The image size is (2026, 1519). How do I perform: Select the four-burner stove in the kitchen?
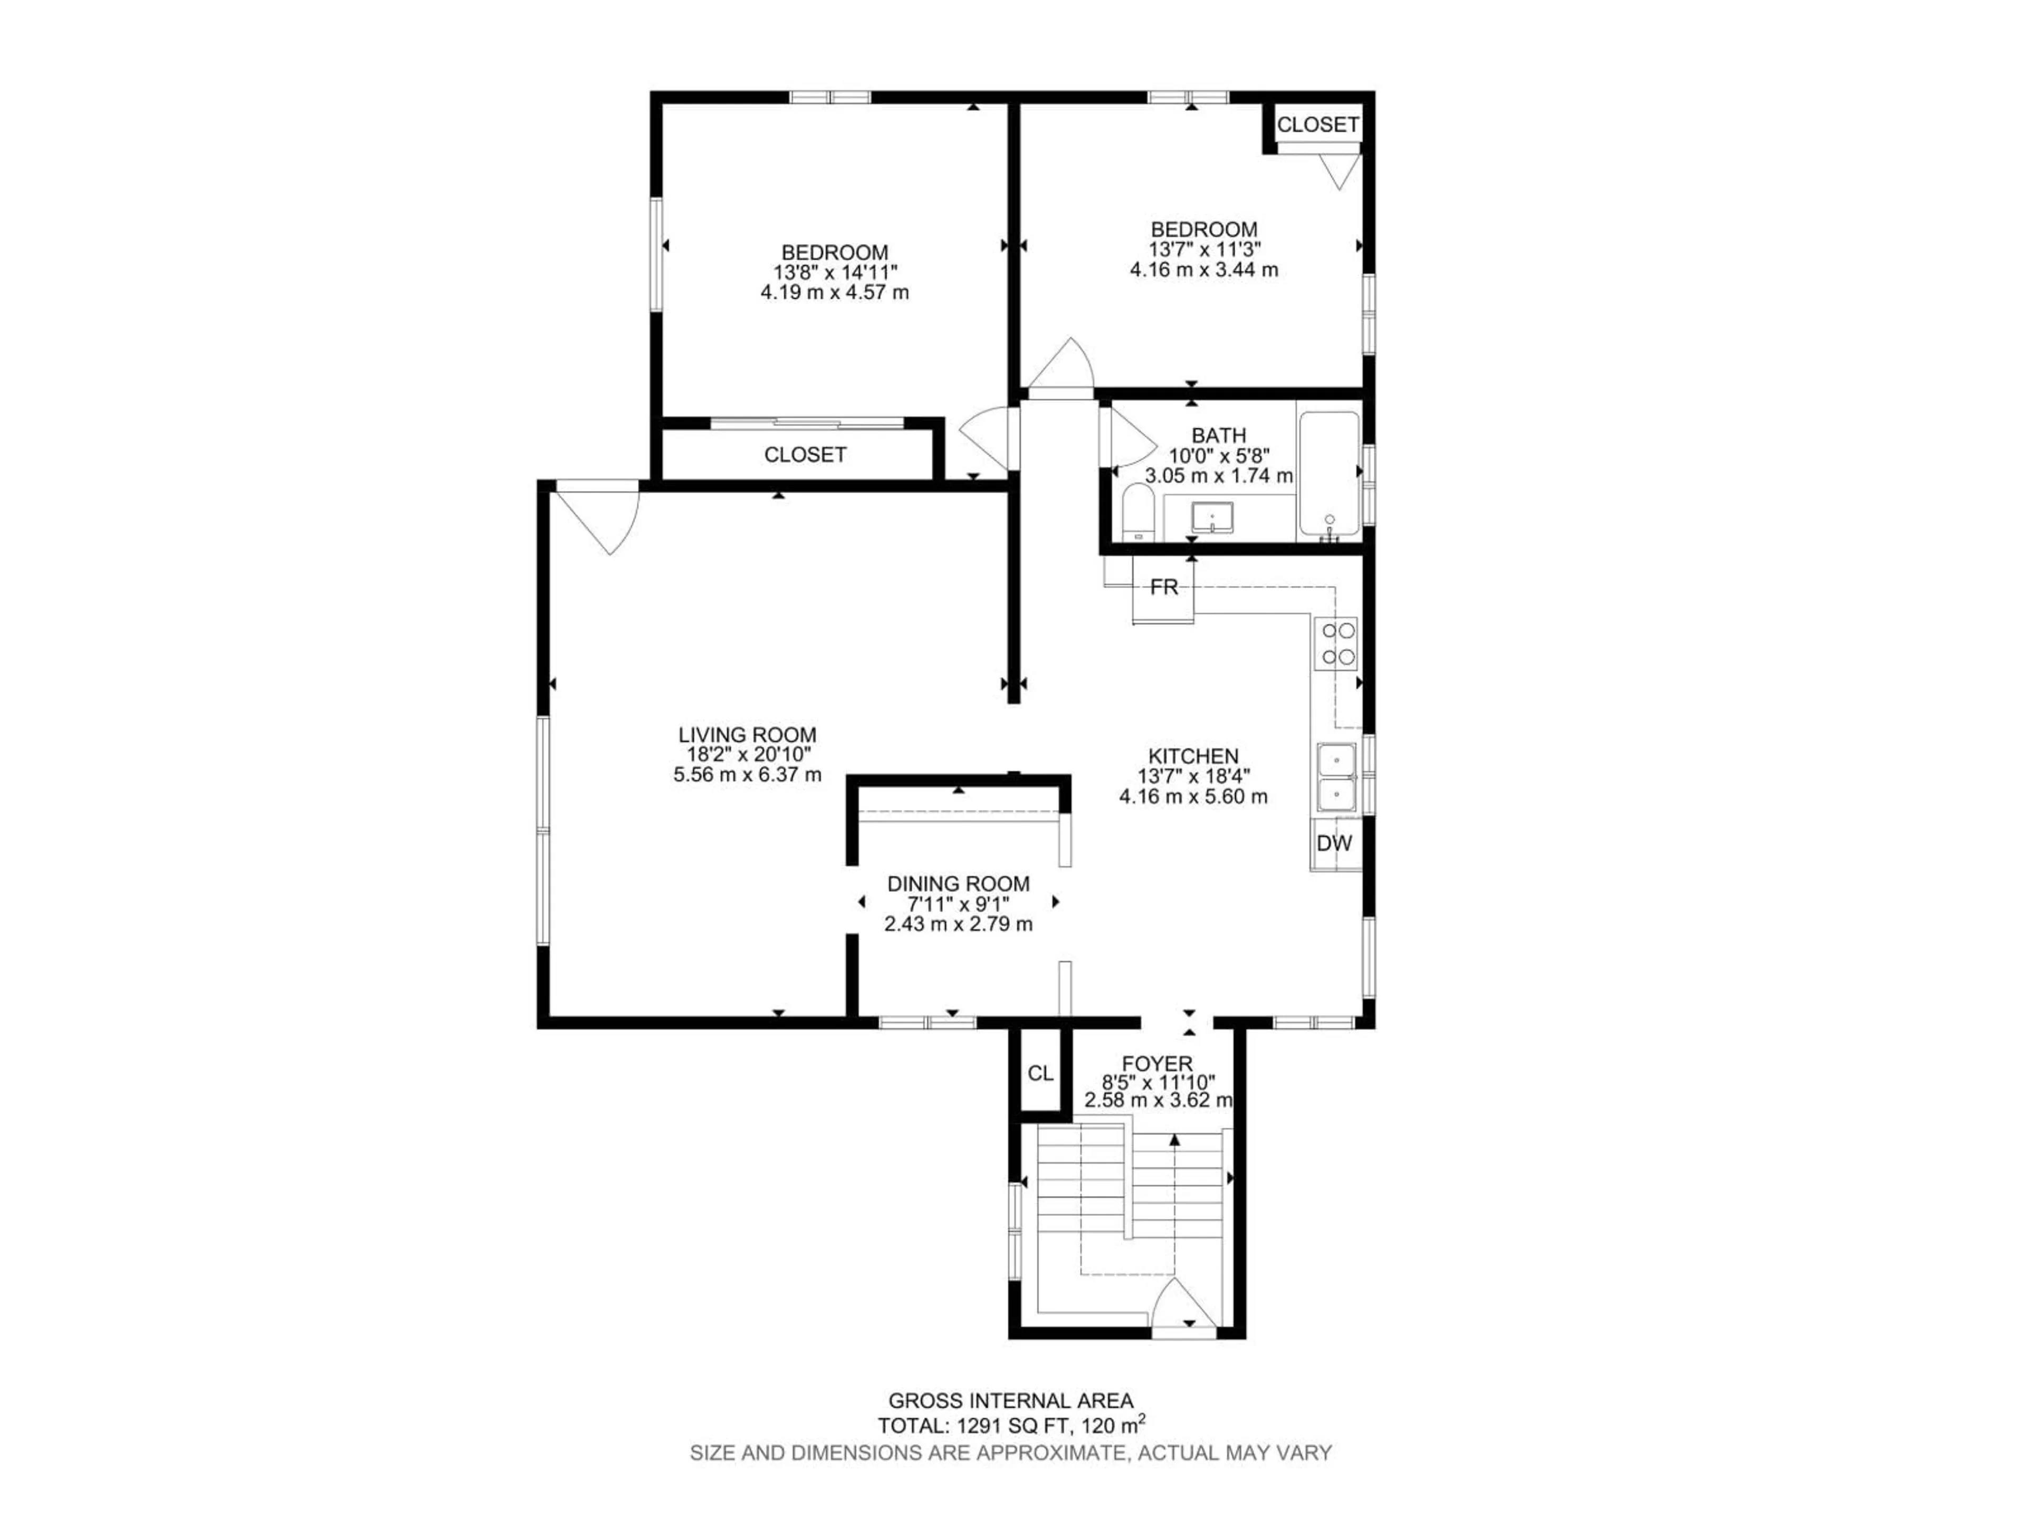[1335, 643]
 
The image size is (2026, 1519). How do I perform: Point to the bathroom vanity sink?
[1212, 518]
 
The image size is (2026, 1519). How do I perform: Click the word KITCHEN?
[1193, 756]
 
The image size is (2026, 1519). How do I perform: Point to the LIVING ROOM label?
[748, 734]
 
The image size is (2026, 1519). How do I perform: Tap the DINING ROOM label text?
[958, 883]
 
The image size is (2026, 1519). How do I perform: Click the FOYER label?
[1158, 1064]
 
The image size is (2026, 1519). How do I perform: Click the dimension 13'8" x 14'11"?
[834, 273]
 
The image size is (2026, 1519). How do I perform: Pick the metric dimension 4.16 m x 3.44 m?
[1203, 270]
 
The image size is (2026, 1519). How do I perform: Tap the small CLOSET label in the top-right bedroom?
[1317, 124]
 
